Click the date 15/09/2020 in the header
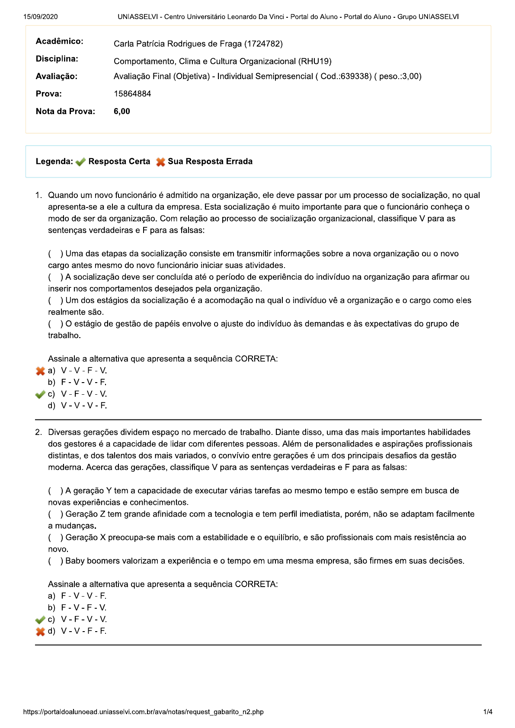click(41, 17)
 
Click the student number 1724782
click(263, 44)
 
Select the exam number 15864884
click(132, 94)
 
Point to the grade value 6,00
click(122, 111)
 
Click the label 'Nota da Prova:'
click(65, 111)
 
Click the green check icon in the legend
click(80, 162)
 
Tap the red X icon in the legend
click(160, 162)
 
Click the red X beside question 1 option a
click(40, 371)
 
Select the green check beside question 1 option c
click(40, 394)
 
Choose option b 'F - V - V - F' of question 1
click(83, 382)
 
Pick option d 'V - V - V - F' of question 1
click(83, 406)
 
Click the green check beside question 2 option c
click(40, 620)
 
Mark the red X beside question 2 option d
click(40, 632)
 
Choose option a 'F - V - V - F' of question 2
click(83, 596)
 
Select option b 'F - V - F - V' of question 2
click(83, 608)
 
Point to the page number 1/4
click(488, 712)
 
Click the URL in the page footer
click(143, 712)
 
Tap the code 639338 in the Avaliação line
click(356, 77)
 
